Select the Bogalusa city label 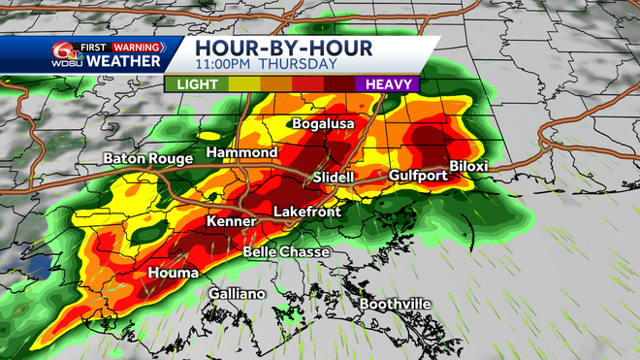[x=324, y=124]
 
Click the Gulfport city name [x=418, y=176]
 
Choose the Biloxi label [x=467, y=166]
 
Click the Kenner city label [x=230, y=222]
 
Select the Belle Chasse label [x=285, y=252]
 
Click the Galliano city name [x=237, y=294]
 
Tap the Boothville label [x=395, y=304]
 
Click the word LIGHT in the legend [x=196, y=84]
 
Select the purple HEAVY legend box [x=386, y=84]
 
